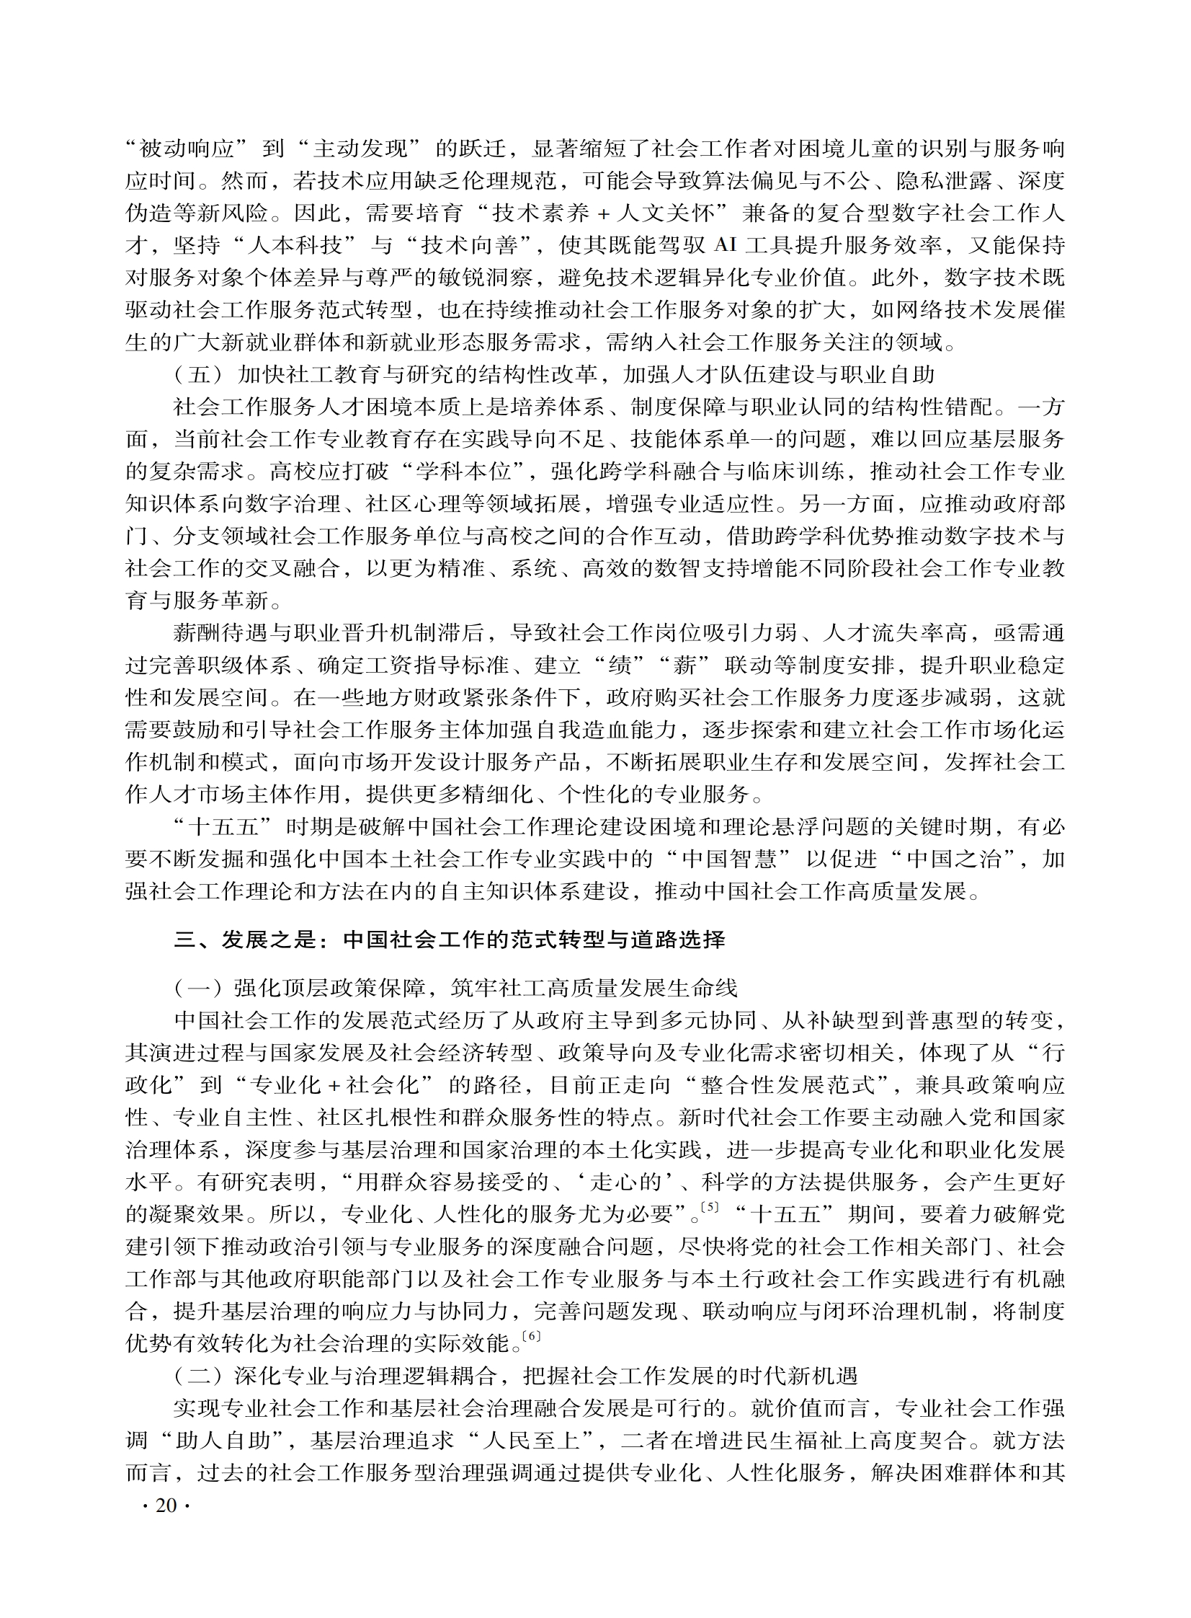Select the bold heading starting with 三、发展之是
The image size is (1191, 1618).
click(449, 940)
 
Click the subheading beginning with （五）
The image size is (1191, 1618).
click(553, 374)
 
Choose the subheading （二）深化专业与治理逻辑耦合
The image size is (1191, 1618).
click(515, 1376)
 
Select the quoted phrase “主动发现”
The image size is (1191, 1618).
click(367, 149)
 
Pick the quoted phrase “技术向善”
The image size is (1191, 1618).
click(476, 246)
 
